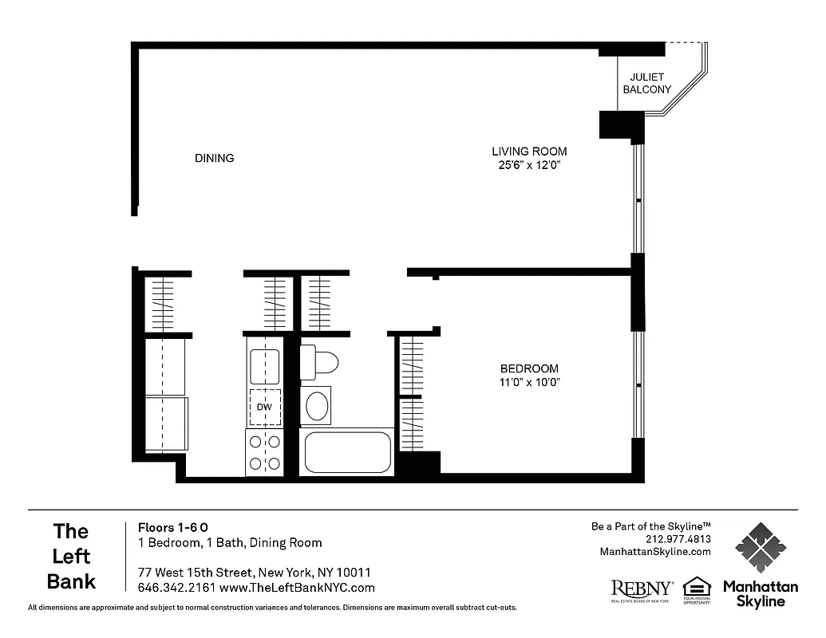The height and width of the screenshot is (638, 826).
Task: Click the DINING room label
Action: (214, 158)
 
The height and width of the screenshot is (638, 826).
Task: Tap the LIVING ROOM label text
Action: (529, 152)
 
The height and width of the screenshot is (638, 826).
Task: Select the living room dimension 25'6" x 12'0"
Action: (529, 166)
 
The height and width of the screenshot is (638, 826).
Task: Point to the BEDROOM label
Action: (529, 368)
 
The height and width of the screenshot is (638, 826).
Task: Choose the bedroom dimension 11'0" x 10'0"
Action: (529, 382)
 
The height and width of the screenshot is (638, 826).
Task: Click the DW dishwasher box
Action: (264, 408)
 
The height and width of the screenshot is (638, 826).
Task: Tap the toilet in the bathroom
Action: (319, 362)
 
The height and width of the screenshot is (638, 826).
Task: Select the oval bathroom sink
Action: (318, 404)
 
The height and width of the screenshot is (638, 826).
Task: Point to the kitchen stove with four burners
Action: (264, 452)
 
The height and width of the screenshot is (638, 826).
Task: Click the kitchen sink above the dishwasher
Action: (264, 366)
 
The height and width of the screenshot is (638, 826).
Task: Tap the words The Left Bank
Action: (71, 556)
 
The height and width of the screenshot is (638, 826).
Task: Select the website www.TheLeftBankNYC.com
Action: (297, 588)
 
